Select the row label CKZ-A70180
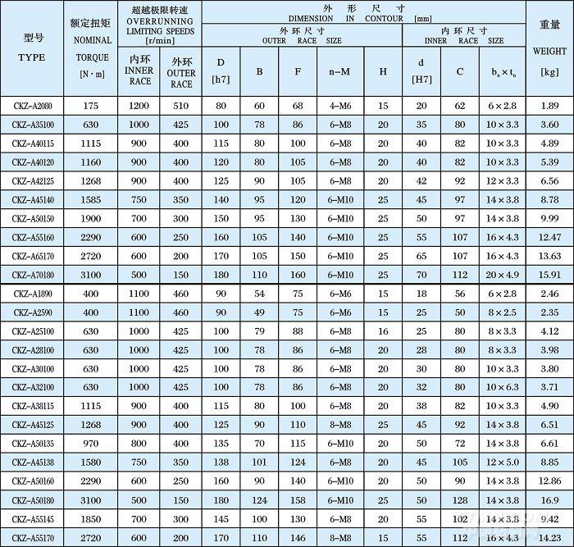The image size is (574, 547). [33, 275]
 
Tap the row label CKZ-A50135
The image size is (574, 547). [33, 444]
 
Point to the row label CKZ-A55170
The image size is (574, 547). [33, 537]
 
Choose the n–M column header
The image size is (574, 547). [339, 71]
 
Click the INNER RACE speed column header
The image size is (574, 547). [139, 71]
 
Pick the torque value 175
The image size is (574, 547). [90, 106]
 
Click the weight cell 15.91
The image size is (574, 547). [549, 275]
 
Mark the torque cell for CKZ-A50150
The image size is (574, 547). [90, 219]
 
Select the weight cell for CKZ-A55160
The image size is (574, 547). [549, 237]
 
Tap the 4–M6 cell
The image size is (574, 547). [339, 106]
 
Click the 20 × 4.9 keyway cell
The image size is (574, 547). [502, 275]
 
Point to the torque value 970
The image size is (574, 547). [90, 444]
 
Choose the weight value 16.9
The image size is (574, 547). [549, 500]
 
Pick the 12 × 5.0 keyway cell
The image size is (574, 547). [502, 463]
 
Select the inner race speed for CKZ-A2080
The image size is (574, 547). [139, 106]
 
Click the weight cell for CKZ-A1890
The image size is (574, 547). [549, 294]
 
